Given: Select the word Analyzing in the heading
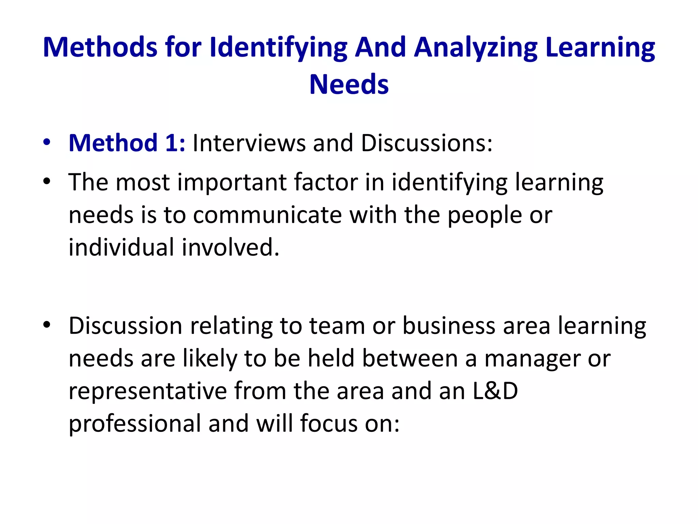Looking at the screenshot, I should click(476, 48).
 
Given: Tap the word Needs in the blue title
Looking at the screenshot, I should click(349, 84).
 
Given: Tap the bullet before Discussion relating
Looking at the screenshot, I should click(47, 325).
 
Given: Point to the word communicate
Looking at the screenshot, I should click(268, 215).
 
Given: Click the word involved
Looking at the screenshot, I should click(230, 247).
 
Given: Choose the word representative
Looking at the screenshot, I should click(148, 391).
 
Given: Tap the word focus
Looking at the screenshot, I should click(329, 423).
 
